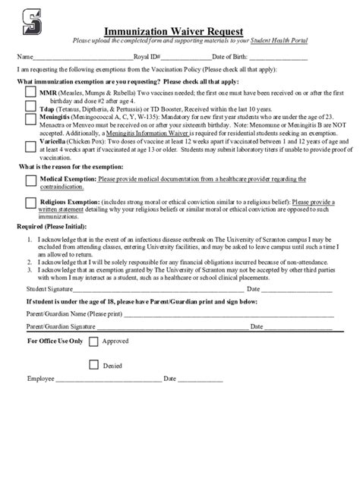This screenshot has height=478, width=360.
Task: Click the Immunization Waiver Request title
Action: point(179,26)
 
